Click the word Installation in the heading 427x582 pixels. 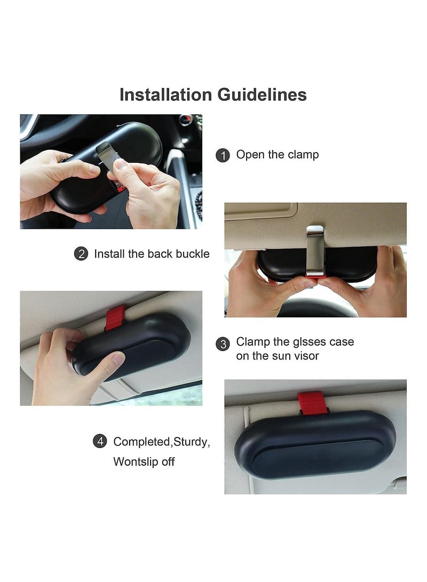pyautogui.click(x=166, y=94)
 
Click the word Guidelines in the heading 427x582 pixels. pyautogui.click(x=262, y=94)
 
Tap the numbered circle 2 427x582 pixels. pyautogui.click(x=81, y=254)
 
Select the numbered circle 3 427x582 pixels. pyautogui.click(x=223, y=344)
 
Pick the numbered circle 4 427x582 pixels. pyautogui.click(x=100, y=442)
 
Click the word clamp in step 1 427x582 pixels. pyautogui.click(x=303, y=155)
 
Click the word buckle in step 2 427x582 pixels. pyautogui.click(x=191, y=254)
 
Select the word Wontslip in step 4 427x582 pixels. pyautogui.click(x=136, y=461)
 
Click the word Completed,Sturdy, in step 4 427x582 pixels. pyautogui.click(x=162, y=442)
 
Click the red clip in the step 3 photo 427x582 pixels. pyautogui.click(x=115, y=317)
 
